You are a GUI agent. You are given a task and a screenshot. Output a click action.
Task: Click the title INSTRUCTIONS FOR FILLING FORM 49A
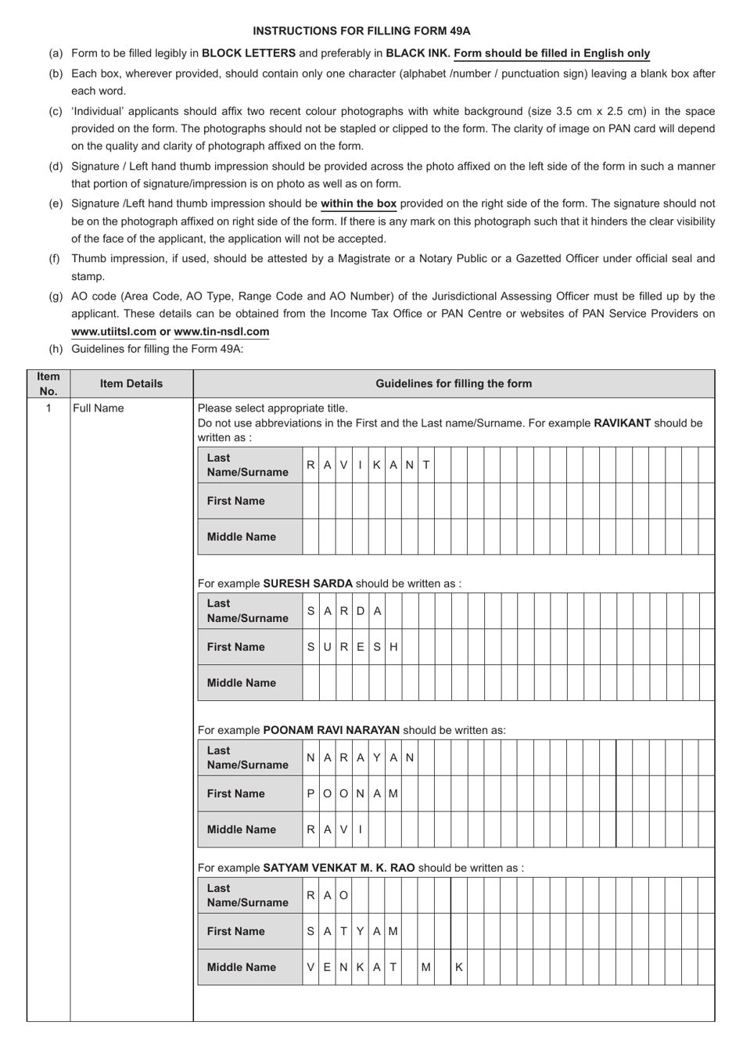tap(361, 31)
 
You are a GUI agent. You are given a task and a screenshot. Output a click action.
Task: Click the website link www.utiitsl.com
tap(113, 331)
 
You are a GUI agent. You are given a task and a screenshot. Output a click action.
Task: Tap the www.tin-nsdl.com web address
tap(221, 331)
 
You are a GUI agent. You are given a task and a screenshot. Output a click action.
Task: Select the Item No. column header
tap(48, 383)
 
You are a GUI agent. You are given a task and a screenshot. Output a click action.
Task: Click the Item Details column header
tap(131, 383)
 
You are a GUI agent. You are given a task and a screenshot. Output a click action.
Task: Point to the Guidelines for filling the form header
tap(454, 383)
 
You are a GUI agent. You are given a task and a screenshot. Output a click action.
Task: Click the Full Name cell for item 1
tap(99, 408)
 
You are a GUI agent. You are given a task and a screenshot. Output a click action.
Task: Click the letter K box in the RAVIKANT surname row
tap(377, 465)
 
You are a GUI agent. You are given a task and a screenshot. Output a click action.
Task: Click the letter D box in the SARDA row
tap(361, 611)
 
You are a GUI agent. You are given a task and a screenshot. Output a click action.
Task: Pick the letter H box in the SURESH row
tap(393, 647)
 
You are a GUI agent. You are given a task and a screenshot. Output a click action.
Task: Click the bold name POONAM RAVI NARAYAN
tap(332, 730)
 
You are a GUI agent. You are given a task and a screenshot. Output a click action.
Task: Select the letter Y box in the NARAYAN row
tap(377, 757)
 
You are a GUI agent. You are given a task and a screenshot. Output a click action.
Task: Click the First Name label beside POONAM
tap(236, 793)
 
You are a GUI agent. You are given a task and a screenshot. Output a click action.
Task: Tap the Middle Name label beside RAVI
tap(241, 829)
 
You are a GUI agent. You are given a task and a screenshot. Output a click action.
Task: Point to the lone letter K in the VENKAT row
tap(459, 967)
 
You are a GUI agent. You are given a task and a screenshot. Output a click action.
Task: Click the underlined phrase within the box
tap(359, 203)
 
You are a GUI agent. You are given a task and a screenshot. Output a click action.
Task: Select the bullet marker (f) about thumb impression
tap(55, 258)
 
